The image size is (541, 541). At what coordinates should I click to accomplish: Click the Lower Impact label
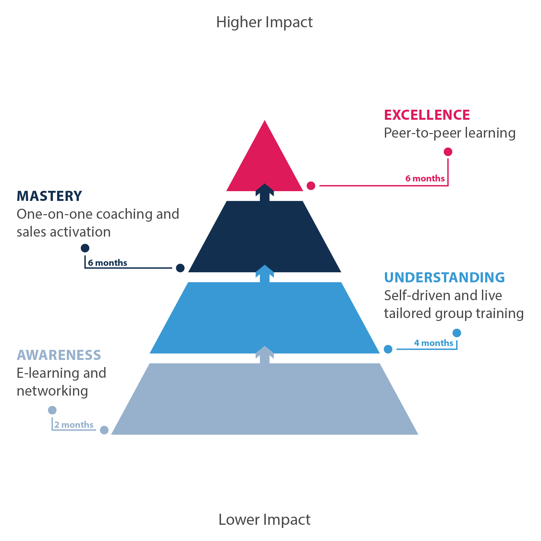[x=264, y=520]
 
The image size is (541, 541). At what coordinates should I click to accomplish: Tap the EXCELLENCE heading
[x=427, y=115]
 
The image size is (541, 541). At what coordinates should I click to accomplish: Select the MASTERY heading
[x=49, y=196]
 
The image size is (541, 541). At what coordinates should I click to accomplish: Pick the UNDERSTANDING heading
[x=444, y=277]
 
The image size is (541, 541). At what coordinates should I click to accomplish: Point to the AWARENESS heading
[x=59, y=355]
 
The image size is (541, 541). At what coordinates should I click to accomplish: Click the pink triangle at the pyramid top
[x=264, y=162]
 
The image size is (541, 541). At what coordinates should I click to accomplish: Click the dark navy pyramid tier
[x=264, y=237]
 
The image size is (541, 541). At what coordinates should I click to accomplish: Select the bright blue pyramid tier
[x=264, y=318]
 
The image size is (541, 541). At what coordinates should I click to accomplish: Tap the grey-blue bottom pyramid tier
[x=264, y=399]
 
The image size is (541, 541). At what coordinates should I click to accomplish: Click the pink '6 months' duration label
[x=425, y=178]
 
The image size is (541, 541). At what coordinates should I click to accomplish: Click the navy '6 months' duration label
[x=107, y=263]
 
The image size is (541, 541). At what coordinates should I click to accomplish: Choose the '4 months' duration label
[x=434, y=343]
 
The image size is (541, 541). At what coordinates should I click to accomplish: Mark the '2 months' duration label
[x=74, y=425]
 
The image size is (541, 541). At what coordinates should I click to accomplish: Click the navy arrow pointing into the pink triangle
[x=264, y=192]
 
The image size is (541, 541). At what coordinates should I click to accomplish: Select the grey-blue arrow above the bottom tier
[x=264, y=354]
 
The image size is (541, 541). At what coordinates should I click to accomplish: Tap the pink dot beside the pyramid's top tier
[x=311, y=186]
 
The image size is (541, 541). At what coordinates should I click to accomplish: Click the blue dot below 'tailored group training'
[x=457, y=333]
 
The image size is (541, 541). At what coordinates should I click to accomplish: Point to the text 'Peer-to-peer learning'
[x=450, y=133]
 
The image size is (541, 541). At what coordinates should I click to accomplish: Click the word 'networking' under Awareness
[x=52, y=391]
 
